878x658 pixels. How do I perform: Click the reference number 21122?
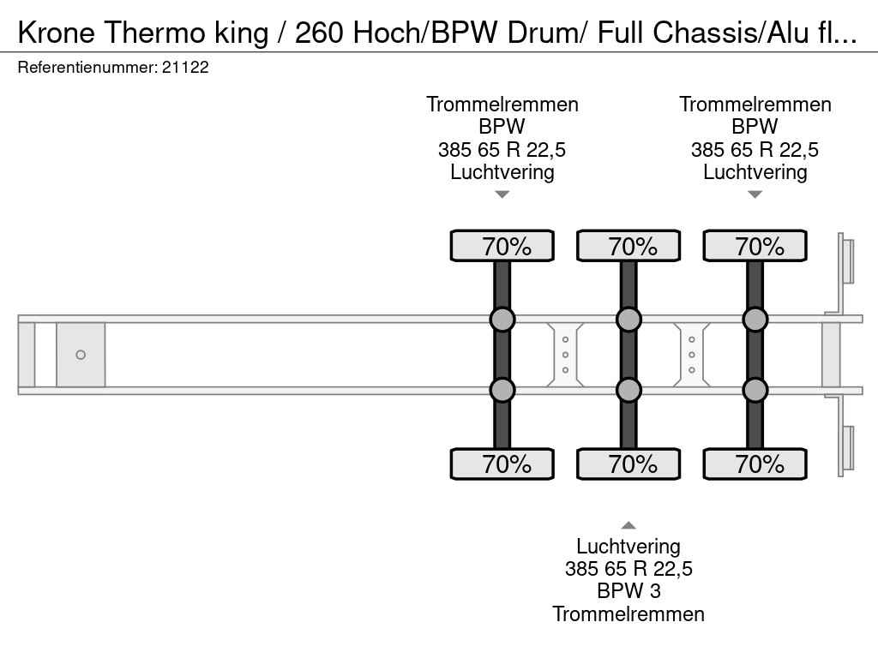point(185,68)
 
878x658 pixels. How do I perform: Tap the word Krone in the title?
point(57,33)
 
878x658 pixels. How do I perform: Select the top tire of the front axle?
point(502,246)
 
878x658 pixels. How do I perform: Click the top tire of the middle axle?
point(628,246)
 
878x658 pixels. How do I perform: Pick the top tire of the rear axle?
point(755,246)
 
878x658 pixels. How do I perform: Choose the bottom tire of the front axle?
point(502,464)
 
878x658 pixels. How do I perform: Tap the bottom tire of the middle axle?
point(628,464)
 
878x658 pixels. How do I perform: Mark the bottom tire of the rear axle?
point(755,464)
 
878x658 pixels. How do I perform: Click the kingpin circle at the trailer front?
point(81,355)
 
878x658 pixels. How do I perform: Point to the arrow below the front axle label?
point(502,194)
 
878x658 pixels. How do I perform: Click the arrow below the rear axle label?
point(755,194)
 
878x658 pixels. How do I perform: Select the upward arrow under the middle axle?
point(628,525)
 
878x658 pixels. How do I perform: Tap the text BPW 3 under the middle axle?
point(628,591)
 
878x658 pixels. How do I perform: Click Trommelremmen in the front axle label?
point(502,105)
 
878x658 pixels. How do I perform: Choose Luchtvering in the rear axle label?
point(755,172)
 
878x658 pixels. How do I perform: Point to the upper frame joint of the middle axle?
point(628,320)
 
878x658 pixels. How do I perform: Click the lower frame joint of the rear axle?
point(755,390)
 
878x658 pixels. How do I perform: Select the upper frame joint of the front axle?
point(502,320)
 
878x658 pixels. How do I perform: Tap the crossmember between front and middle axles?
point(565,355)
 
